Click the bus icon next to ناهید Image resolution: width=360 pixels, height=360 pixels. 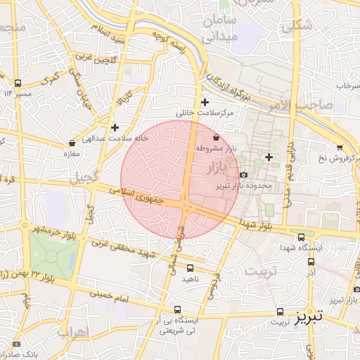190,267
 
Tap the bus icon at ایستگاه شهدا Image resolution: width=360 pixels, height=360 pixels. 302,237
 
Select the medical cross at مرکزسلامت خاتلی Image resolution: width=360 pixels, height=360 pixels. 205,102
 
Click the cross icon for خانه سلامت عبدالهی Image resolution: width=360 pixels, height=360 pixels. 115,127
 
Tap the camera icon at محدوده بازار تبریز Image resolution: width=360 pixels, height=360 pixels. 243,174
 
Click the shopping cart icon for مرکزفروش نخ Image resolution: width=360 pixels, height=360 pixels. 340,147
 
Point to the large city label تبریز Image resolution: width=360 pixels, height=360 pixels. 308,316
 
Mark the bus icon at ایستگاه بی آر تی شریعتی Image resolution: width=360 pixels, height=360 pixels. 177,309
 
